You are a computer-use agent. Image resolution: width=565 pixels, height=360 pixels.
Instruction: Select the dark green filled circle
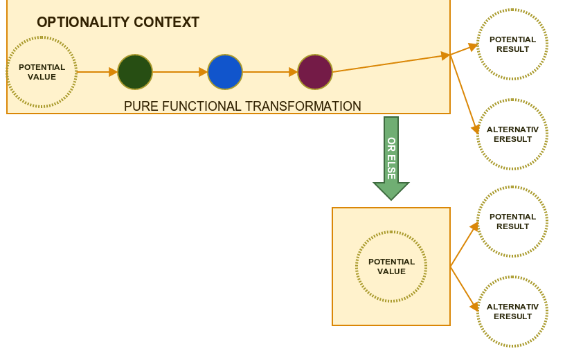tap(135, 72)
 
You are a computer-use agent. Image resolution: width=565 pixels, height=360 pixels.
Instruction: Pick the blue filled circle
tap(225, 72)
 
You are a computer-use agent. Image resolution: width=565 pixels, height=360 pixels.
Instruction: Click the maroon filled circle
tap(315, 72)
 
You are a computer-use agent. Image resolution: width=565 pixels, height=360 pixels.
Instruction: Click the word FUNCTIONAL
tap(198, 107)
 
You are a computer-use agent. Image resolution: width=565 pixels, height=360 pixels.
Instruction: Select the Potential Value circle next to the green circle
tap(42, 72)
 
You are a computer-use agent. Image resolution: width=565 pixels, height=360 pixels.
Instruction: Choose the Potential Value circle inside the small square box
tap(391, 267)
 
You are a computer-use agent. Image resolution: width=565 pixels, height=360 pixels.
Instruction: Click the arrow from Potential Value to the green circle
tap(97, 72)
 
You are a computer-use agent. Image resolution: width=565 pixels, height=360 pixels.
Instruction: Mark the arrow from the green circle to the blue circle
tap(180, 72)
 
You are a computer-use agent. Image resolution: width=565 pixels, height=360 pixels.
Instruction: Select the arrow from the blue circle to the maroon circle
tap(270, 72)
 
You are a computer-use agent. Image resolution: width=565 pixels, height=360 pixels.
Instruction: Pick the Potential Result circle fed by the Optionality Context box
tap(512, 44)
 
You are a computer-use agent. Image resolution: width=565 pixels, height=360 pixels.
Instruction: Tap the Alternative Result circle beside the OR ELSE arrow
tap(512, 134)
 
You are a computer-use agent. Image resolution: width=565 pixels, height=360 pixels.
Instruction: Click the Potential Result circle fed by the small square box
tap(512, 222)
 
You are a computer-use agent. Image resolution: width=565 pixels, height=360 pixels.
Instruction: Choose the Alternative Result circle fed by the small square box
tap(512, 312)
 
